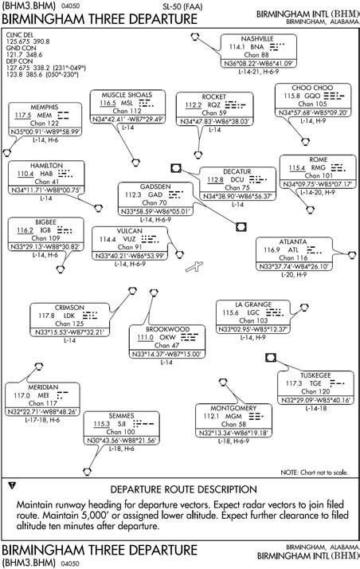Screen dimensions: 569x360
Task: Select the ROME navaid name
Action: pyautogui.click(x=318, y=159)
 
